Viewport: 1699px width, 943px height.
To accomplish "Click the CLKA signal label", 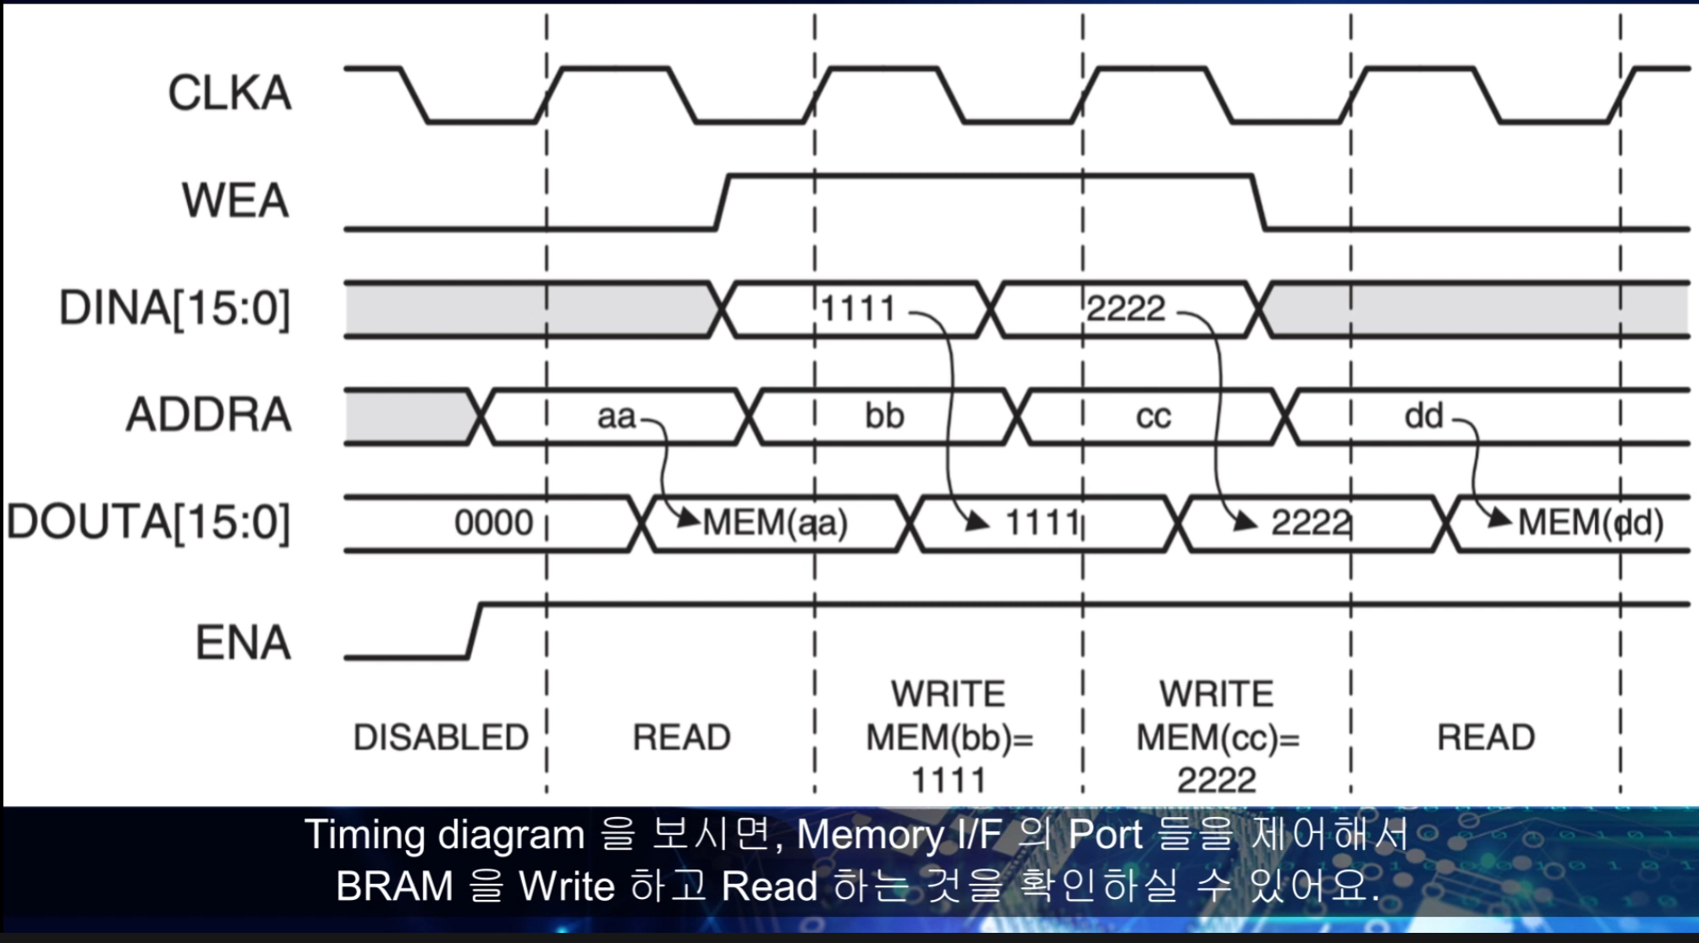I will click(229, 93).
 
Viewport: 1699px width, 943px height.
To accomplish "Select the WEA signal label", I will click(235, 201).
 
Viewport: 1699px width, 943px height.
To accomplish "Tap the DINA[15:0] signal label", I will click(174, 308).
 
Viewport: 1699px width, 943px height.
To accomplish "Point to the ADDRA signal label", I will click(209, 415).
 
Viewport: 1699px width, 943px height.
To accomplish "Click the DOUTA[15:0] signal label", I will click(149, 522).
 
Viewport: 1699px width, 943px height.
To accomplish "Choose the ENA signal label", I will click(243, 643).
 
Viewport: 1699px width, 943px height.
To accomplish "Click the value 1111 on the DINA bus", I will click(858, 309).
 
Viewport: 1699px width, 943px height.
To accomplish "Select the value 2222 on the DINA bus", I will click(1125, 309).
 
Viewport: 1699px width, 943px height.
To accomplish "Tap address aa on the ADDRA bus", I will click(616, 416).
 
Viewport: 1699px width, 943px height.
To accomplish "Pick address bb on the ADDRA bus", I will click(884, 416).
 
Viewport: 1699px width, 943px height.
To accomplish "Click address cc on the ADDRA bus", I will click(1153, 416).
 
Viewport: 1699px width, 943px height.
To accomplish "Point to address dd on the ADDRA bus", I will click(1423, 416).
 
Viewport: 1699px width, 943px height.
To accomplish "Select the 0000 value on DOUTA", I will click(493, 523).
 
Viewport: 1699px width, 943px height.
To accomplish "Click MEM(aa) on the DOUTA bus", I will click(775, 523).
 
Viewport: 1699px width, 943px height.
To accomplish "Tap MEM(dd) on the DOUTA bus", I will click(1591, 523).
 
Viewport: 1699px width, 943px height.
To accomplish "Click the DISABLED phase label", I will click(441, 737).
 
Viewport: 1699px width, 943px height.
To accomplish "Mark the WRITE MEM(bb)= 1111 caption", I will click(948, 737).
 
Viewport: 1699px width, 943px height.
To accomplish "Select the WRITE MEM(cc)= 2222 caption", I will click(1217, 737).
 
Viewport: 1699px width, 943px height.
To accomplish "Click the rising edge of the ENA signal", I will click(475, 630).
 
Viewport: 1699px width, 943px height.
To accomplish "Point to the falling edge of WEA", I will click(1259, 202).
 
